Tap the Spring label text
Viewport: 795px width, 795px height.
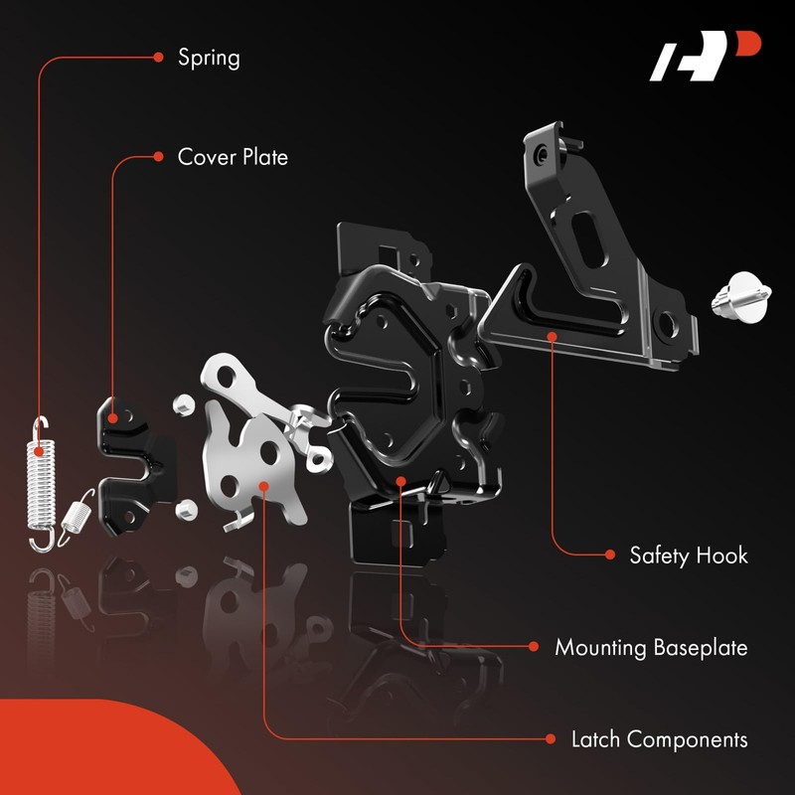tap(209, 57)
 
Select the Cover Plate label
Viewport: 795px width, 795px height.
tap(233, 156)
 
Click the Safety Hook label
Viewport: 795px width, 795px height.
tap(689, 555)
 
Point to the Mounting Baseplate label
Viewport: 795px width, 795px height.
tap(651, 648)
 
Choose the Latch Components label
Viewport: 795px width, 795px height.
tap(659, 739)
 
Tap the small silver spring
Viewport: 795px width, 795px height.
tap(76, 517)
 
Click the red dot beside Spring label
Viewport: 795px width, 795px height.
tap(158, 57)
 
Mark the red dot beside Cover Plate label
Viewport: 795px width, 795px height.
tap(158, 156)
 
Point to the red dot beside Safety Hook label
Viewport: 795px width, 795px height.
tap(608, 555)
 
